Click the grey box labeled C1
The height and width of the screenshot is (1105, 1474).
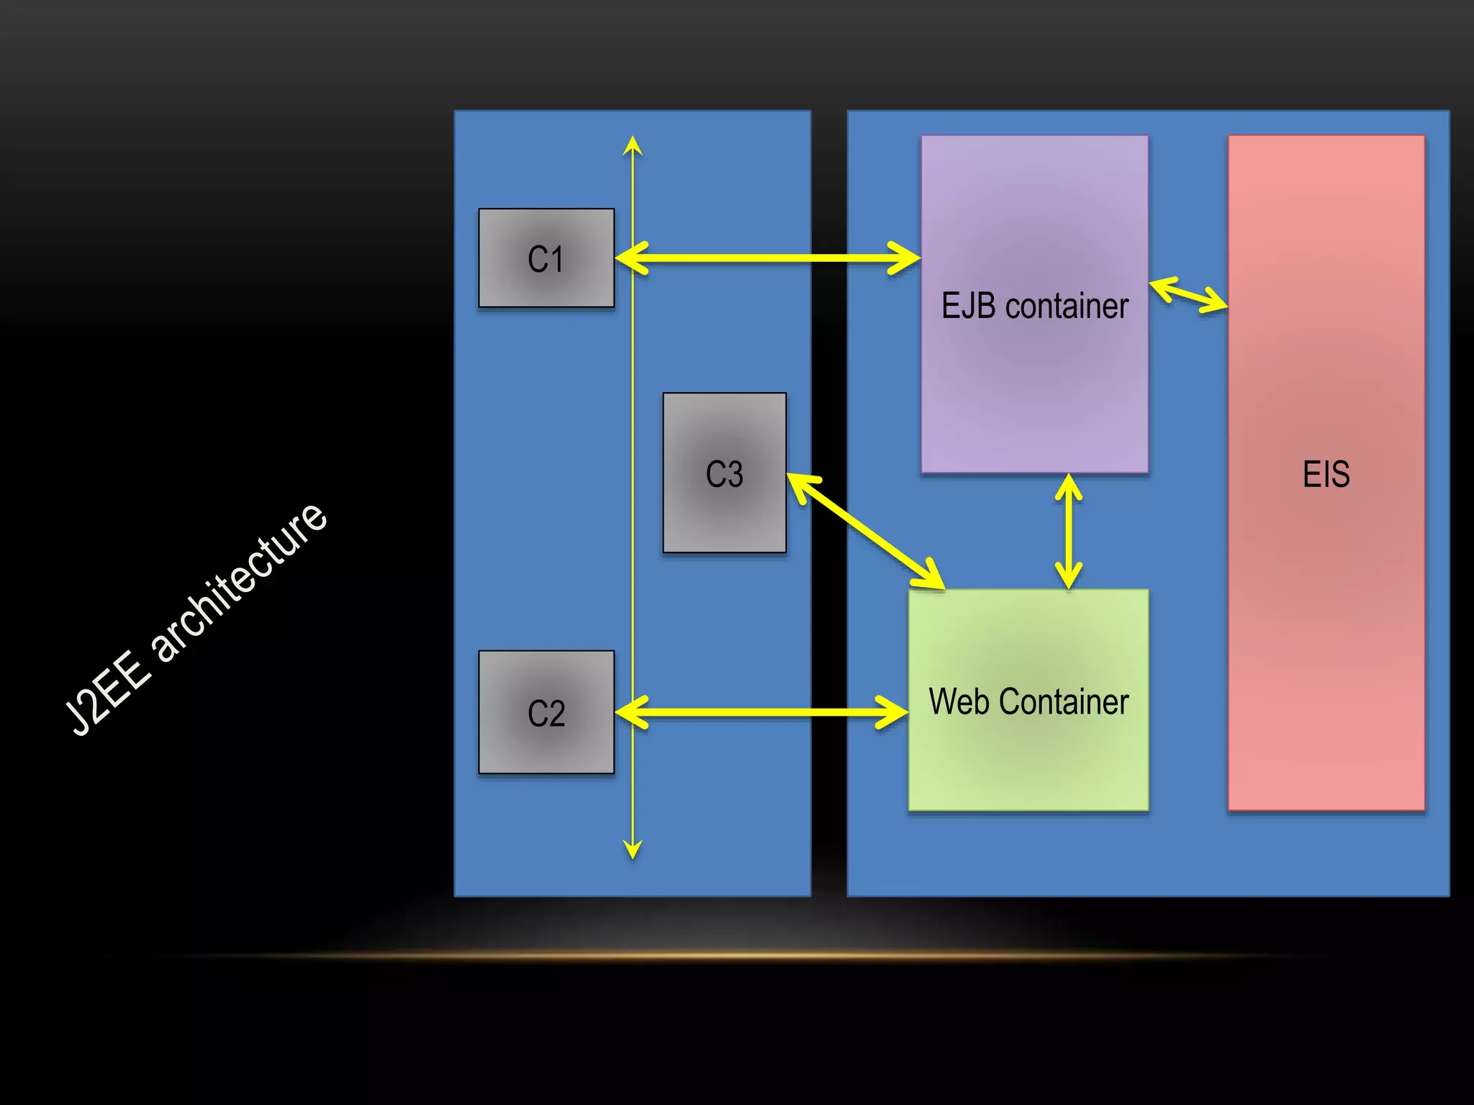click(x=546, y=258)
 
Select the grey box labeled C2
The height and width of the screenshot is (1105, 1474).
click(x=546, y=712)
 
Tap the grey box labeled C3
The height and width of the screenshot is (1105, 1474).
click(x=724, y=473)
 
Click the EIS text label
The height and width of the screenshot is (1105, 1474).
click(x=1326, y=474)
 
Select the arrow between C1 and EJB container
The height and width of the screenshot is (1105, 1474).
click(x=767, y=258)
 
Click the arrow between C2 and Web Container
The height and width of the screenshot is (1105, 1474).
click(x=761, y=712)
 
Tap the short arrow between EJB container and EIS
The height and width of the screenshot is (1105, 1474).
click(x=1188, y=295)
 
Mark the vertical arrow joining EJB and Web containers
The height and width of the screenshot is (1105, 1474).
click(x=1069, y=531)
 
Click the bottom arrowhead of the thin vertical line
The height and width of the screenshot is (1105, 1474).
click(x=633, y=850)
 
